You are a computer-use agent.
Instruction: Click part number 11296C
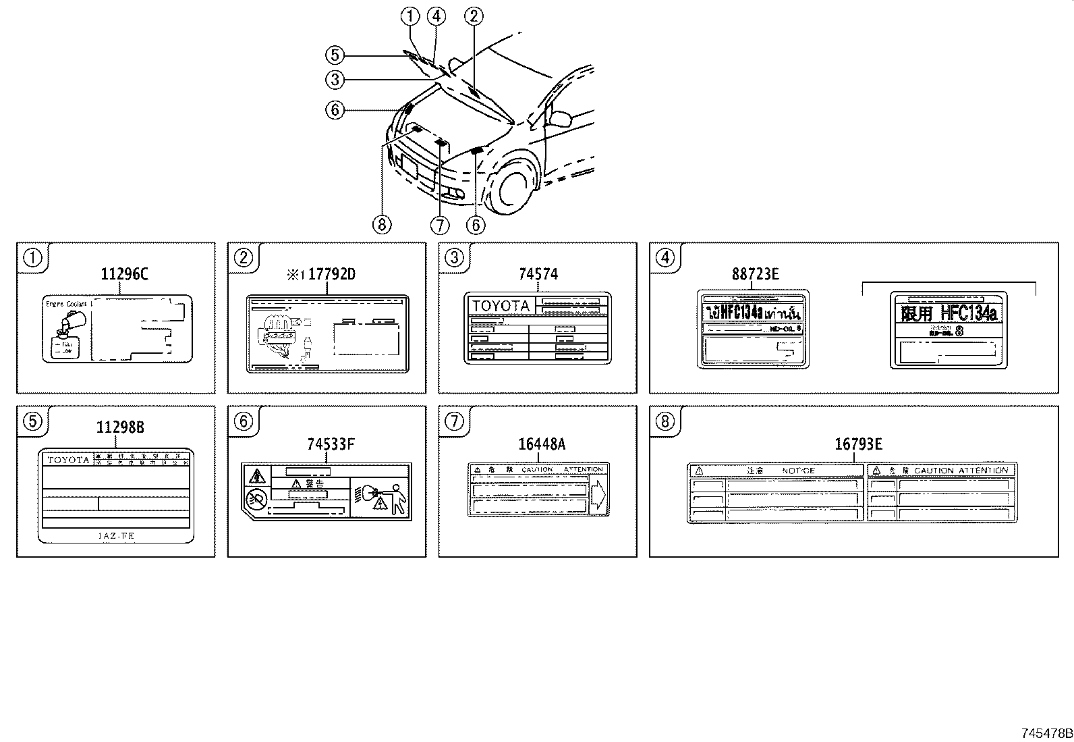124,274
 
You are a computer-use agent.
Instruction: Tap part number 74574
538,274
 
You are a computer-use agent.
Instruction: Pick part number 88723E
755,274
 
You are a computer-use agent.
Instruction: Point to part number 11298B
119,427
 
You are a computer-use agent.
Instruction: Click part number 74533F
331,444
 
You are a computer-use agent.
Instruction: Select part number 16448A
542,444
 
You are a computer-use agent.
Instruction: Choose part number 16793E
858,444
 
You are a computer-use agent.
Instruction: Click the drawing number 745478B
1046,733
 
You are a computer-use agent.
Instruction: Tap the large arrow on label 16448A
598,496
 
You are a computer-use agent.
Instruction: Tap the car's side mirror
559,118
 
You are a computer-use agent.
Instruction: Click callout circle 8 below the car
381,224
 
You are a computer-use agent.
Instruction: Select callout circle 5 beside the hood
335,55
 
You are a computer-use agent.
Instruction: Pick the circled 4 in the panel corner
665,257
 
